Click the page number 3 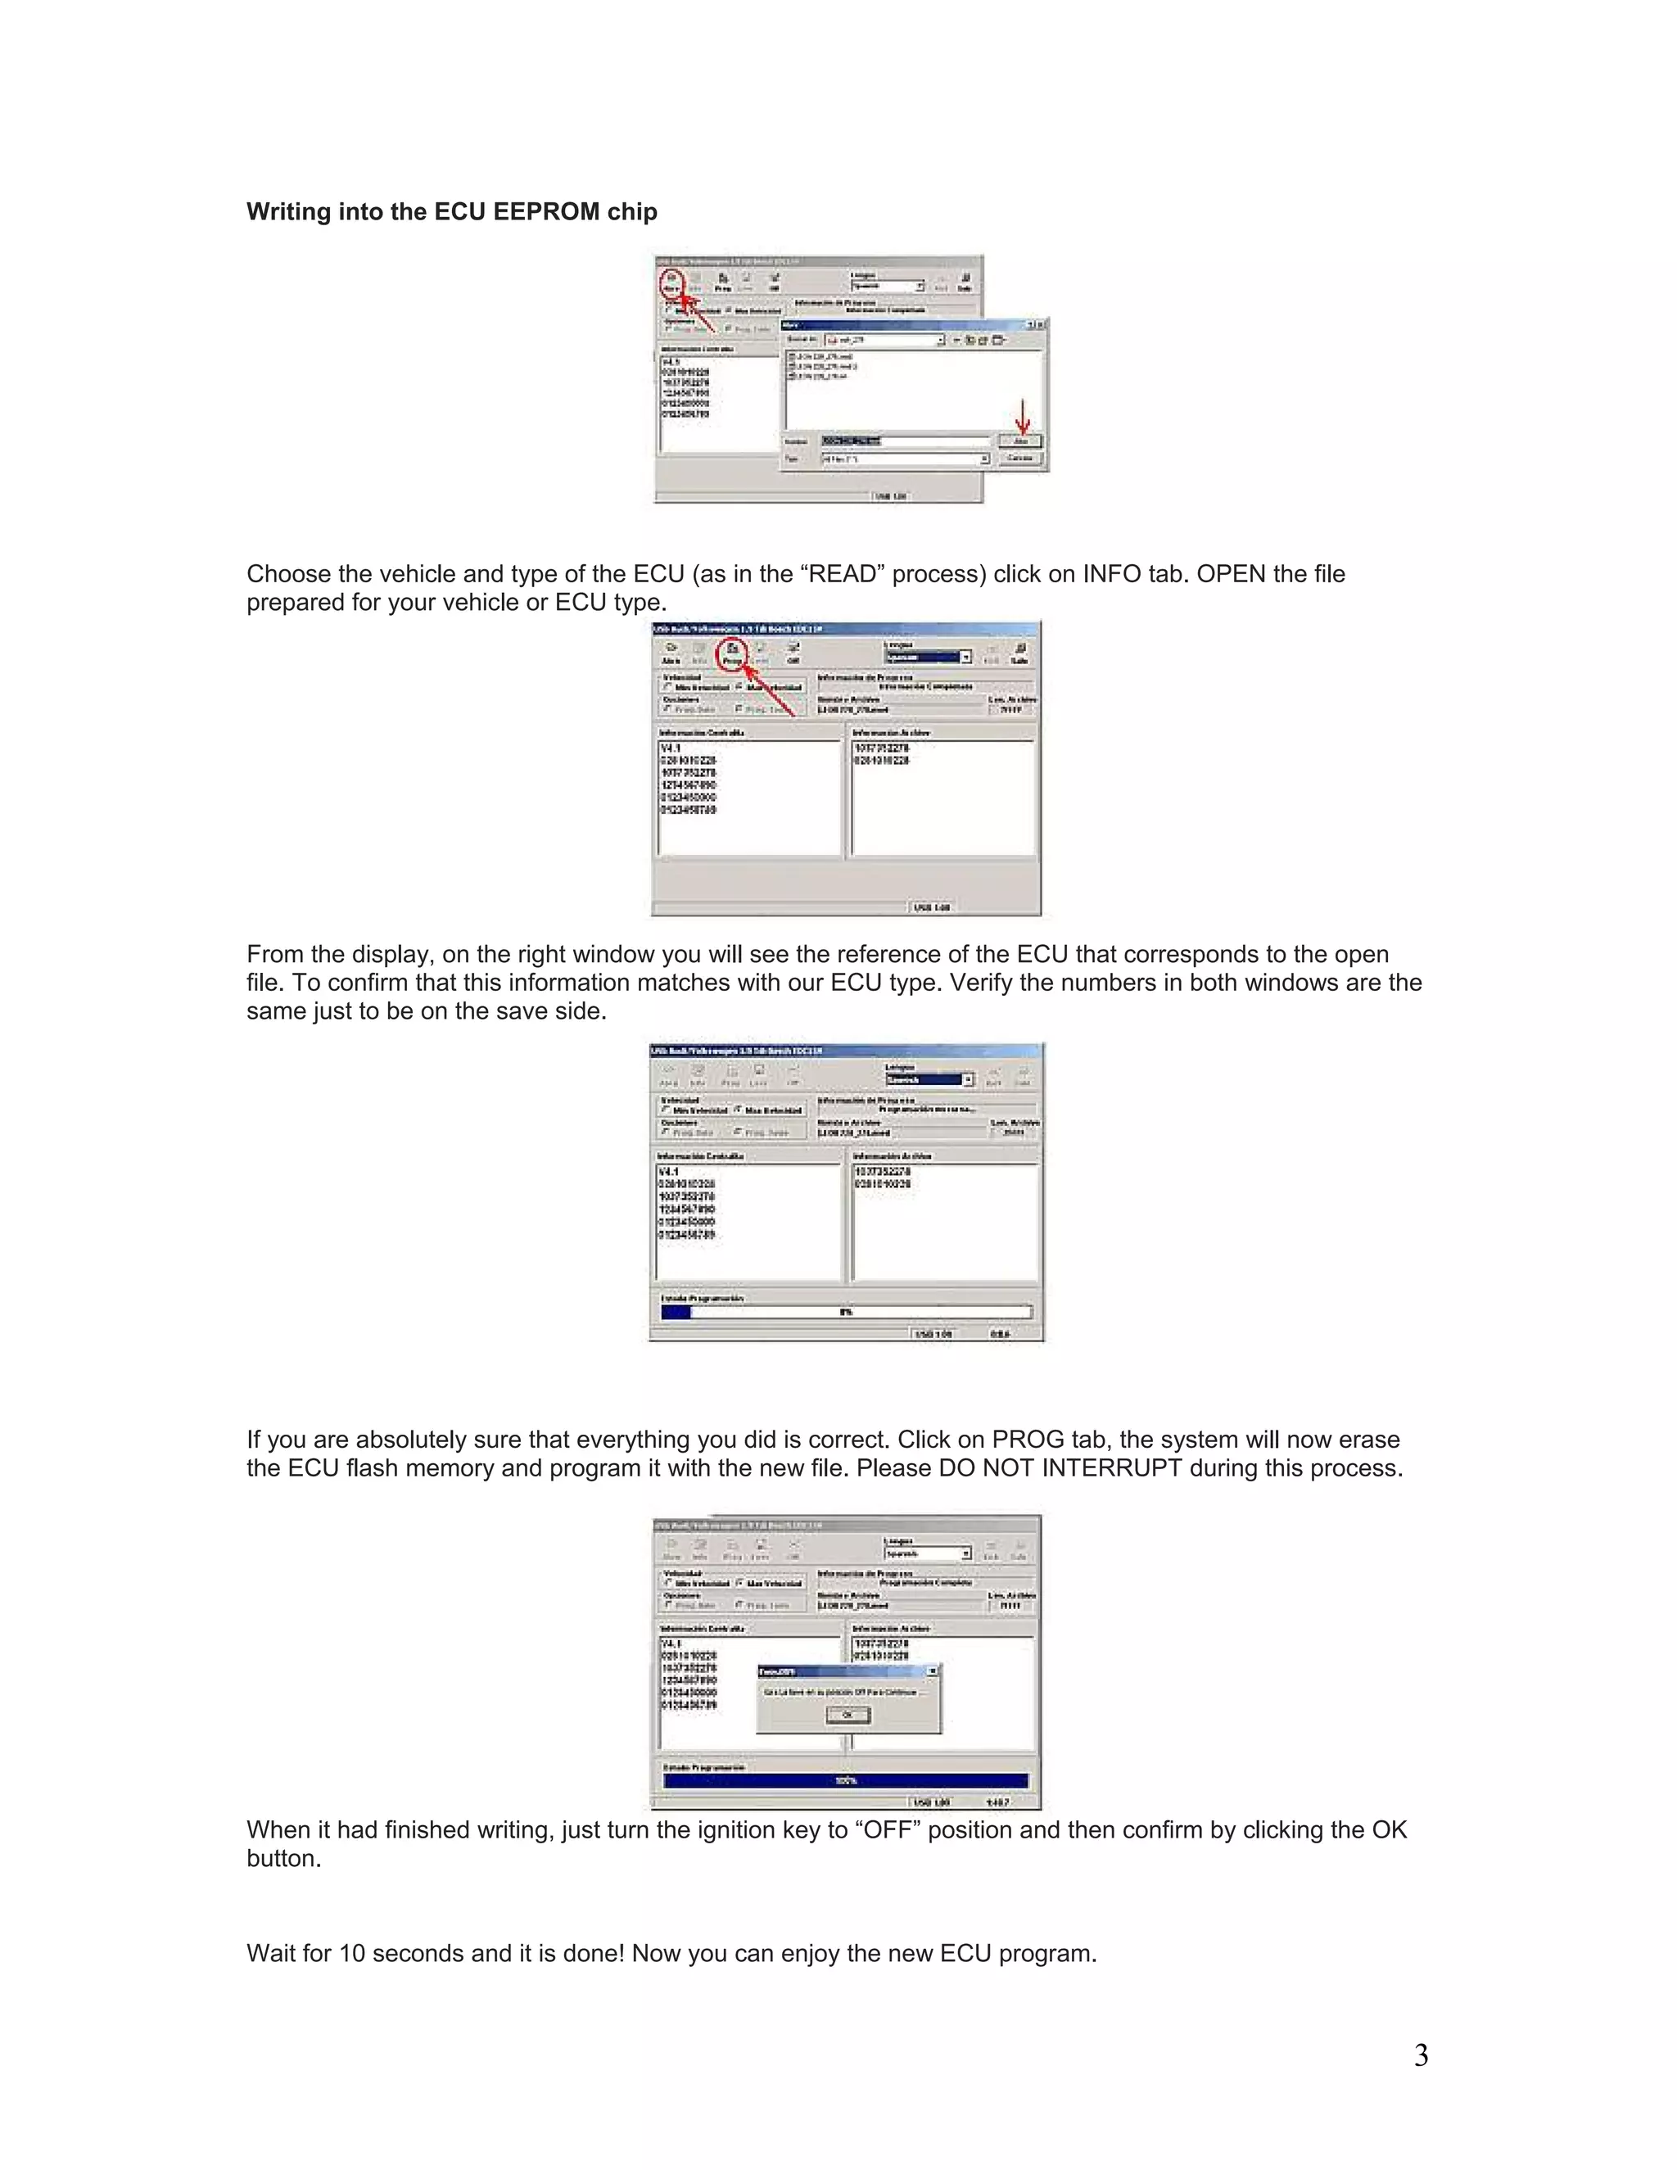(1421, 2055)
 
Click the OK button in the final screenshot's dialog (848, 1715)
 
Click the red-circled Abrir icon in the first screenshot (672, 283)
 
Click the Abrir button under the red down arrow (1020, 441)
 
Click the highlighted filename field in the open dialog (852, 441)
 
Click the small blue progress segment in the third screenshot (676, 1312)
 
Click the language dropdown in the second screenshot (928, 657)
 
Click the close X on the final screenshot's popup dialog (932, 1672)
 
